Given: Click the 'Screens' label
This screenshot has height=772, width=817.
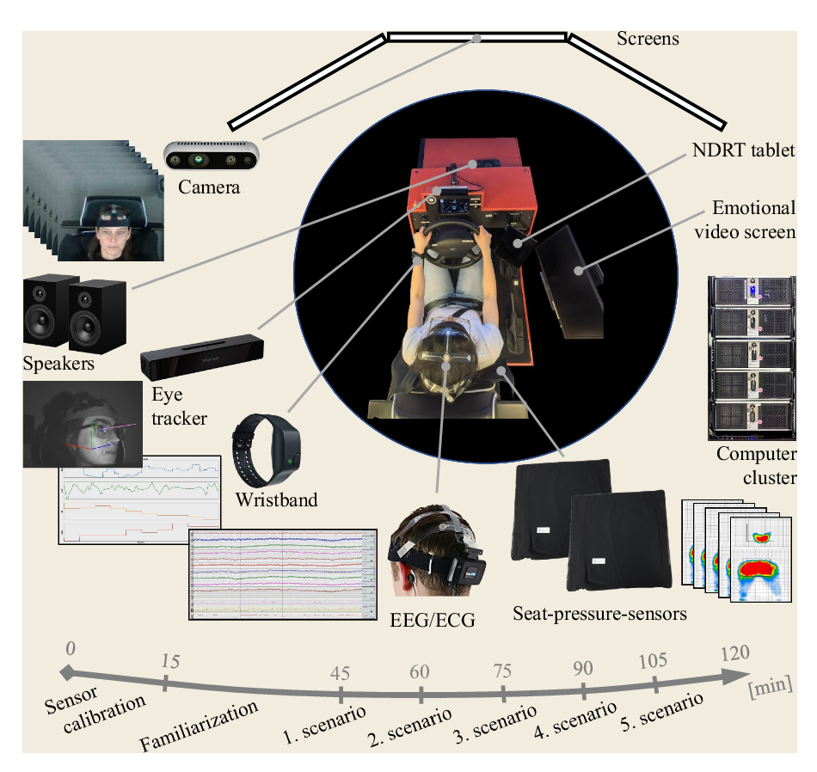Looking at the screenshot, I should [648, 39].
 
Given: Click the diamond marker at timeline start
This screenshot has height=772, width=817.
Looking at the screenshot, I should [67, 673].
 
